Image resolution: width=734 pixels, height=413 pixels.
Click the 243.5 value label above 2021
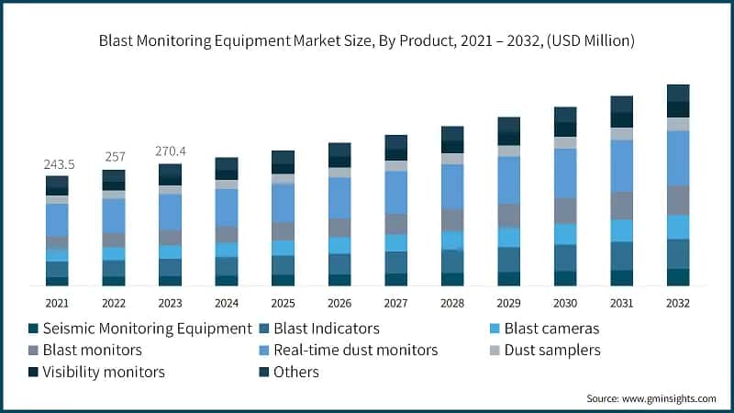[57, 164]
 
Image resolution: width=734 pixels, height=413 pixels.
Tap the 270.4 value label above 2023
[171, 151]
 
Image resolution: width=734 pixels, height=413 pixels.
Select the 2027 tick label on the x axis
[396, 302]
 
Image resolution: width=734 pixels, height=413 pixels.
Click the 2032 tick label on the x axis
[678, 302]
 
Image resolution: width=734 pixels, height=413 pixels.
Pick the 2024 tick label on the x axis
[227, 302]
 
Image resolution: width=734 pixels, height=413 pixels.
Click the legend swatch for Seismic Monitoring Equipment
[34, 329]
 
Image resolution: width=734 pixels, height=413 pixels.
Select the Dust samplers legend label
[557, 350]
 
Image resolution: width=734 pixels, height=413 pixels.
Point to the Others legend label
[302, 372]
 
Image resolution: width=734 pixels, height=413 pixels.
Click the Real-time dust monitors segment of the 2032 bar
[678, 158]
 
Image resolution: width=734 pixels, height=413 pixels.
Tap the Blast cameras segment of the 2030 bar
[565, 234]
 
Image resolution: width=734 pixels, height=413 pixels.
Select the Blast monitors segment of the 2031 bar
[622, 206]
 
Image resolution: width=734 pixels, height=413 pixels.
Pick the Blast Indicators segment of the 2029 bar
[509, 260]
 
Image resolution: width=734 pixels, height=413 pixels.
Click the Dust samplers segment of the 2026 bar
[339, 173]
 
